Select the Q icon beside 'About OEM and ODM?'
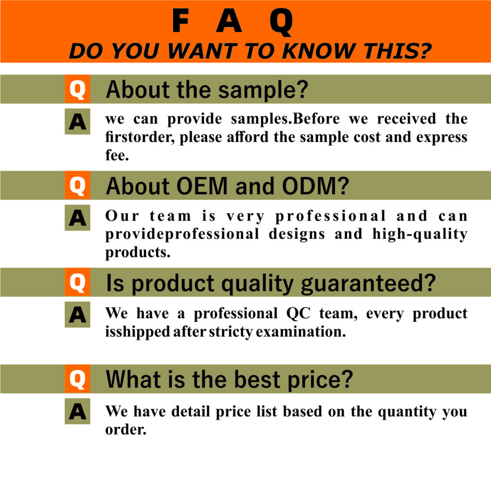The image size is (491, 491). (x=77, y=186)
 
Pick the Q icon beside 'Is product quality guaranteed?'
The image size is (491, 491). (x=77, y=283)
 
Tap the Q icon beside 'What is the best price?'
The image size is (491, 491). (x=77, y=380)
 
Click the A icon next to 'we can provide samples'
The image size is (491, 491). (x=77, y=122)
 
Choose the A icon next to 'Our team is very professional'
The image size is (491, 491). (x=77, y=219)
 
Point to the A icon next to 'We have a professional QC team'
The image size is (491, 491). (x=77, y=316)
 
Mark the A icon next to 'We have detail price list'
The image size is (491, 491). (x=77, y=413)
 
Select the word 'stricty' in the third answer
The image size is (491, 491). (x=231, y=332)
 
